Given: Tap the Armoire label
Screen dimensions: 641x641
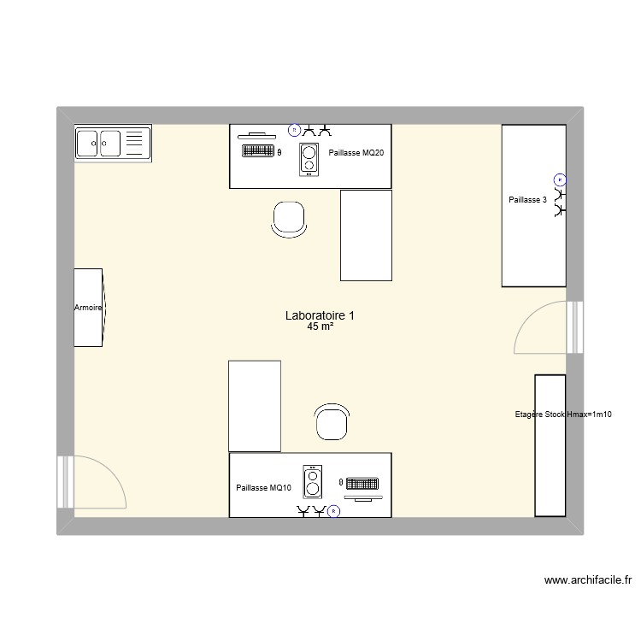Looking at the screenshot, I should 87,308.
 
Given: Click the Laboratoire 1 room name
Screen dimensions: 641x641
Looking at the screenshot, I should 320,315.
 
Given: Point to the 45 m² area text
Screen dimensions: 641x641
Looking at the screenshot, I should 320,326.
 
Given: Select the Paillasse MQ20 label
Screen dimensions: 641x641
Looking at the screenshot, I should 356,153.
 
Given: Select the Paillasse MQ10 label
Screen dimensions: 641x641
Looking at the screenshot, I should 264,488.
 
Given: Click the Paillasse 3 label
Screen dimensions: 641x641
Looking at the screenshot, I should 526,199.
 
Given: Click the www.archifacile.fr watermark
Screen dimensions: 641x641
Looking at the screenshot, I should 588,580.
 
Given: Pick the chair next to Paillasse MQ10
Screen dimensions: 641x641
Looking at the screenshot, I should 332,421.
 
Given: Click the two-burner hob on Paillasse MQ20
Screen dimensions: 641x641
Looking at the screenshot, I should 309,159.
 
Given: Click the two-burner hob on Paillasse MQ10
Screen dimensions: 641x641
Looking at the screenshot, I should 313,482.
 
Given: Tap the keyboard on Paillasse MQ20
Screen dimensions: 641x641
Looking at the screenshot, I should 258,151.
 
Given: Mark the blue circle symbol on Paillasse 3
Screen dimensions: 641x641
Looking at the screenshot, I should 560,179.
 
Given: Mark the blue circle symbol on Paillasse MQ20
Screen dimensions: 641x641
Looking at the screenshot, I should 294,130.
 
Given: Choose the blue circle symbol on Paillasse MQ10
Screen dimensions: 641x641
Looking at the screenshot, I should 333,512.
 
